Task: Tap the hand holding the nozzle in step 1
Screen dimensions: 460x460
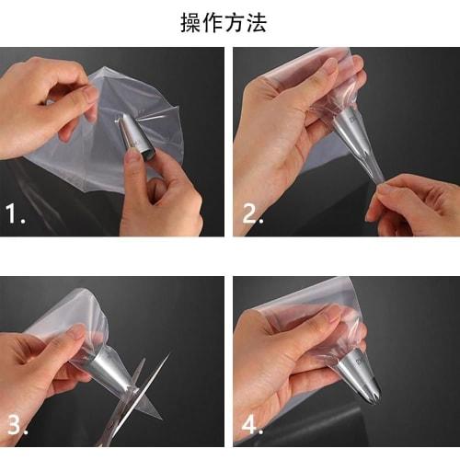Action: click(x=161, y=189)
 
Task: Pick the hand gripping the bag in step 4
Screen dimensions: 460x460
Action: click(x=285, y=359)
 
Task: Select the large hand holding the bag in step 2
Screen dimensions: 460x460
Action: click(x=276, y=138)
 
